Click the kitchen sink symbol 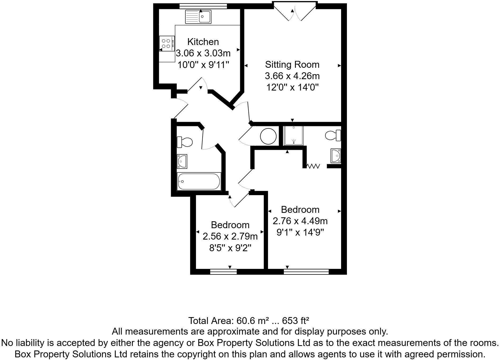(198, 17)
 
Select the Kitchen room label (203, 42)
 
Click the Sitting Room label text (292, 65)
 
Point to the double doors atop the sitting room (294, 12)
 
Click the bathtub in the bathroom (199, 181)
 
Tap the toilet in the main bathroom (185, 142)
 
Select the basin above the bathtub (182, 161)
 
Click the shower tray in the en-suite (293, 136)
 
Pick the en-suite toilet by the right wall (333, 136)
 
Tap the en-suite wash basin (336, 156)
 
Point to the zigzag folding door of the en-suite (313, 166)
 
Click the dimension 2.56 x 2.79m (230, 236)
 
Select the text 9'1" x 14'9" (300, 232)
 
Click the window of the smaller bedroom (223, 272)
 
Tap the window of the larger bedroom (306, 272)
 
